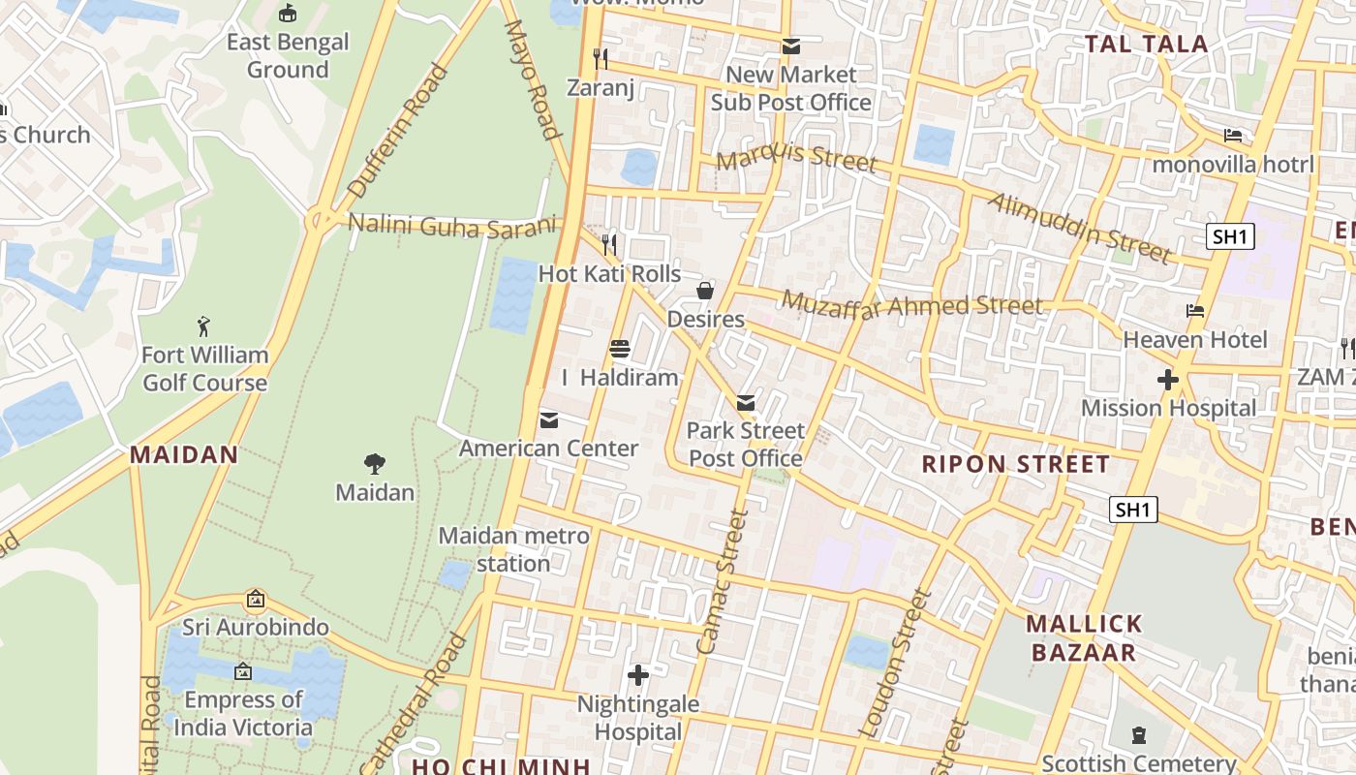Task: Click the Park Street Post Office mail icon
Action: click(x=746, y=403)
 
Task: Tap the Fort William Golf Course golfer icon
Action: click(x=203, y=326)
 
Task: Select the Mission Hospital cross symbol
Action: click(x=1168, y=380)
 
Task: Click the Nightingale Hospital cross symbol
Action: click(x=638, y=675)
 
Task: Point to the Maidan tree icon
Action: click(x=375, y=464)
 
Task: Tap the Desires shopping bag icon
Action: click(x=706, y=291)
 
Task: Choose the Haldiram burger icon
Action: click(x=620, y=349)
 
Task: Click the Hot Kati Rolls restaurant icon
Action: click(x=609, y=244)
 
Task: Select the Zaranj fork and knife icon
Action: click(x=601, y=59)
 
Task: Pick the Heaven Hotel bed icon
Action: click(x=1195, y=311)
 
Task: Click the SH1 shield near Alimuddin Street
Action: click(x=1230, y=236)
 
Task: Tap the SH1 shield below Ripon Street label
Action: click(x=1133, y=510)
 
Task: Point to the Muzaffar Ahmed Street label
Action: click(x=912, y=304)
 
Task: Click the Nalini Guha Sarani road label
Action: click(x=453, y=226)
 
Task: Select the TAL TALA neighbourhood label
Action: click(x=1146, y=44)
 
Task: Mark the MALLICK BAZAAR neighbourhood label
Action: click(x=1084, y=637)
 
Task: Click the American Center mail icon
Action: click(x=549, y=420)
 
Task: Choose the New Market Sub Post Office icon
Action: click(x=791, y=46)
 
